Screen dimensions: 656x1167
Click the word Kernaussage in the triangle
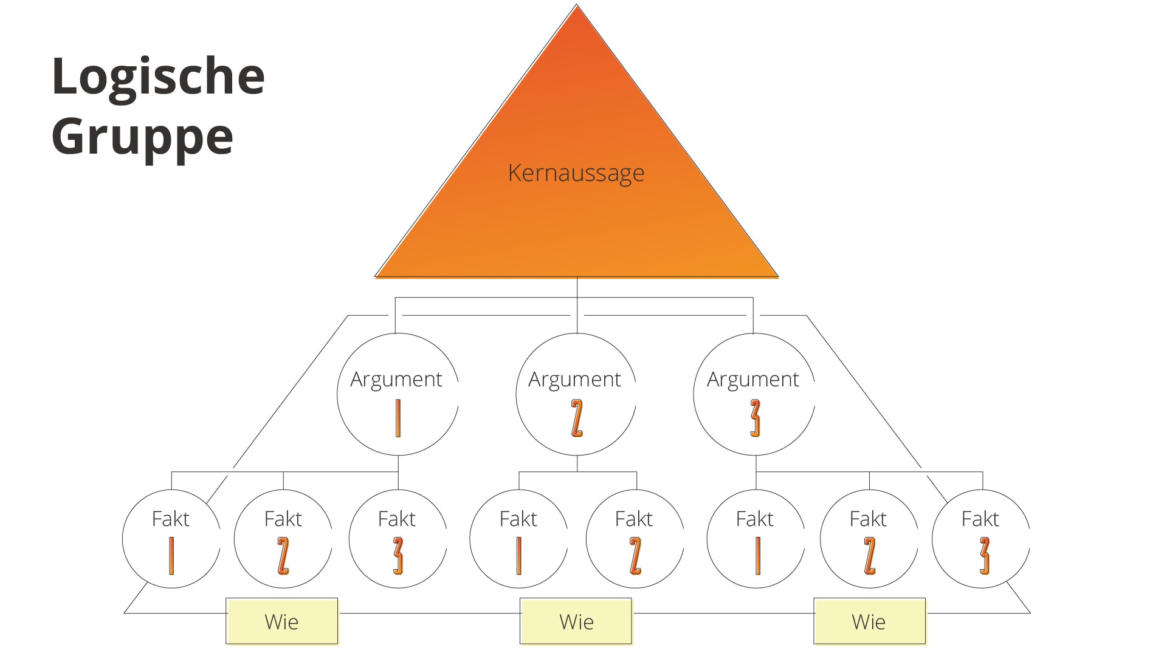click(x=576, y=173)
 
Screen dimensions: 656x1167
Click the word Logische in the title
click(x=158, y=77)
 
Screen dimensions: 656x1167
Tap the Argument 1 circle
click(x=398, y=395)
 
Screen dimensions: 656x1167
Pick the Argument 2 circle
click(x=576, y=395)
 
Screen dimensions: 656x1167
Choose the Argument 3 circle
click(x=754, y=395)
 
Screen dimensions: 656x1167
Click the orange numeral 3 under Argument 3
click(x=755, y=418)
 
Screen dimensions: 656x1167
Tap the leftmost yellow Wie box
click(x=282, y=621)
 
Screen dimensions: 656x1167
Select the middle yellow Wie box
click(x=576, y=621)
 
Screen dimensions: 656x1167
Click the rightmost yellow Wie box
click(x=869, y=621)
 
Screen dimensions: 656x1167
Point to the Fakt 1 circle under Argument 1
click(x=171, y=539)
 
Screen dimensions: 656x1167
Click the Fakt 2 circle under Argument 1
click(x=283, y=539)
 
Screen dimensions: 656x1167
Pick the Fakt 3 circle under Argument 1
click(x=398, y=539)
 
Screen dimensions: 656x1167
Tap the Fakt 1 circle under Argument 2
click(x=518, y=539)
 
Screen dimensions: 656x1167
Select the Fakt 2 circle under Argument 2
click(x=635, y=539)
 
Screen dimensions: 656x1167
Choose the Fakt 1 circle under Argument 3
click(x=756, y=539)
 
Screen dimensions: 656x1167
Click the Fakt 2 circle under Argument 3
click(x=869, y=539)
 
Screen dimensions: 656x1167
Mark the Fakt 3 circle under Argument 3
click(x=981, y=539)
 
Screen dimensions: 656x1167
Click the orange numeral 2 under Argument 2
click(x=577, y=418)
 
